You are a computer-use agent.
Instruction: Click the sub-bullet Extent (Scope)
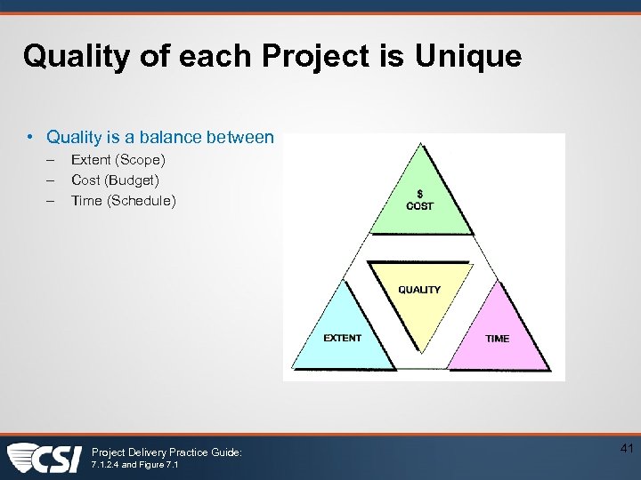118,160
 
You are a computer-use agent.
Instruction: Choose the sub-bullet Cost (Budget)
115,180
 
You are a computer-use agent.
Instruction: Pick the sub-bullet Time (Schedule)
123,201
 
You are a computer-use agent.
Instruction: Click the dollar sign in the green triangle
419,194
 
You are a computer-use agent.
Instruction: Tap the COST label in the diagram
419,206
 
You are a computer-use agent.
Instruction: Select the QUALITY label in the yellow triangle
419,290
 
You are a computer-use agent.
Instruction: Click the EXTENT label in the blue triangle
342,338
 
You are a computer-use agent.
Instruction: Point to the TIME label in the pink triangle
497,339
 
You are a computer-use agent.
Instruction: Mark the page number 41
625,450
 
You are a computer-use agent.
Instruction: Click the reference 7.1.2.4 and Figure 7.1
134,466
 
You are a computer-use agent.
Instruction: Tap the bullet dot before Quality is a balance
31,137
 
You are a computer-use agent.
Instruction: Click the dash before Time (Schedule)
52,201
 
